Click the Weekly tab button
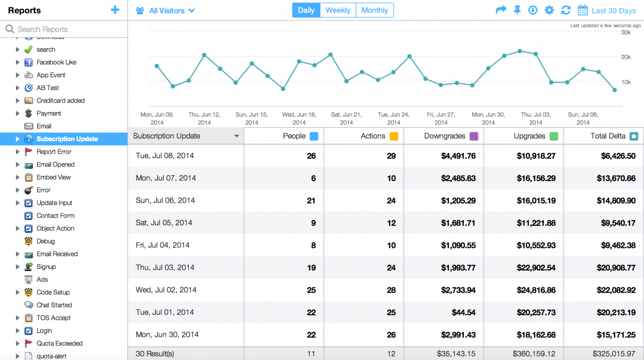338,10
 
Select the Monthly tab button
374,10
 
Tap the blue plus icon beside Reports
115,10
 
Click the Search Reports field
65,29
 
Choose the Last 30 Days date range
607,11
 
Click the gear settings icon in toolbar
549,10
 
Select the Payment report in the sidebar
49,113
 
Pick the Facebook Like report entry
56,62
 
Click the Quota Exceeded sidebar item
59,343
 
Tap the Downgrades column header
445,136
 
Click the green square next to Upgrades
554,136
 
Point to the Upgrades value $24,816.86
536,290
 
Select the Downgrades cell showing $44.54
463,312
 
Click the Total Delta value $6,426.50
618,156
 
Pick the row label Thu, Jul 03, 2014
165,267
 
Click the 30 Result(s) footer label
154,353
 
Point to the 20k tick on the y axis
626,57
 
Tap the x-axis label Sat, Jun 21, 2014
346,118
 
